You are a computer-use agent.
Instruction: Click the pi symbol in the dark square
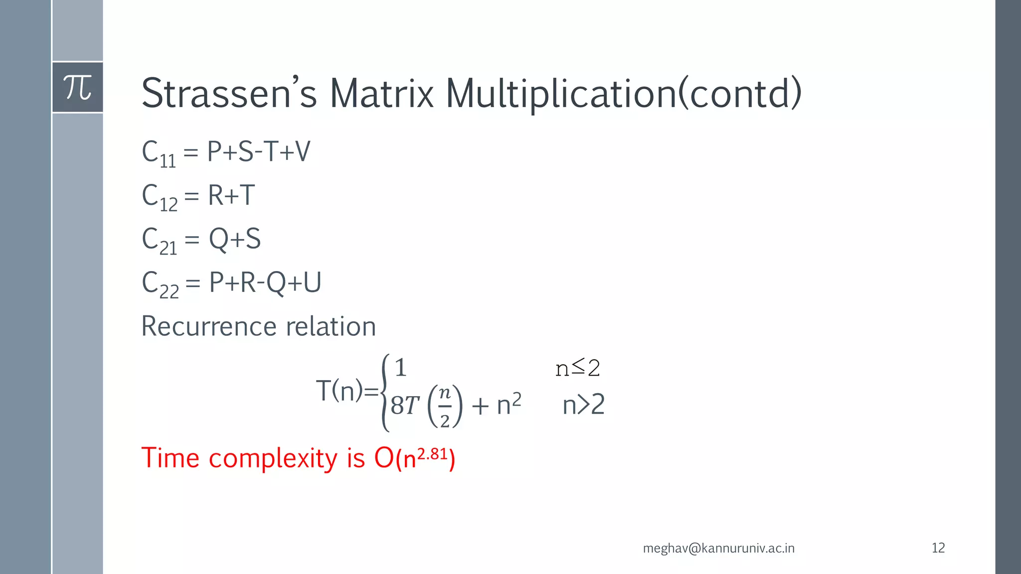[x=78, y=88]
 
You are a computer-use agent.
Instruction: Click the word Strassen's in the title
[x=229, y=94]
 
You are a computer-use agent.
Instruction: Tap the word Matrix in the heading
[x=381, y=94]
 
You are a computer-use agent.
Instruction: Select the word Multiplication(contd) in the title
[x=623, y=94]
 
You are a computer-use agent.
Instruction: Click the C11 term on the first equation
[x=159, y=153]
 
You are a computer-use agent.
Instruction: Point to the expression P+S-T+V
[x=258, y=151]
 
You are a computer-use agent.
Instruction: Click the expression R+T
[x=231, y=195]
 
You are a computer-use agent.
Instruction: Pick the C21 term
[x=159, y=240]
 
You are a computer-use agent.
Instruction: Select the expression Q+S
[x=234, y=239]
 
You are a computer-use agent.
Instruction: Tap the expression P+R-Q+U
[x=265, y=283]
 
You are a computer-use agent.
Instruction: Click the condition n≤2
[x=577, y=368]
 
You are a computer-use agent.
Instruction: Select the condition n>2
[x=583, y=405]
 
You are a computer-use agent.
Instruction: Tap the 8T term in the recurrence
[x=404, y=406]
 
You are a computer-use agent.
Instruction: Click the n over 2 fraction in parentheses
[x=445, y=407]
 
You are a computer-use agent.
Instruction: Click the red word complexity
[x=273, y=458]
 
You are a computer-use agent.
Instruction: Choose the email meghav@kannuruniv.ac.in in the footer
[x=718, y=548]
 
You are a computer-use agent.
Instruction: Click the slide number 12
[x=938, y=548]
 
